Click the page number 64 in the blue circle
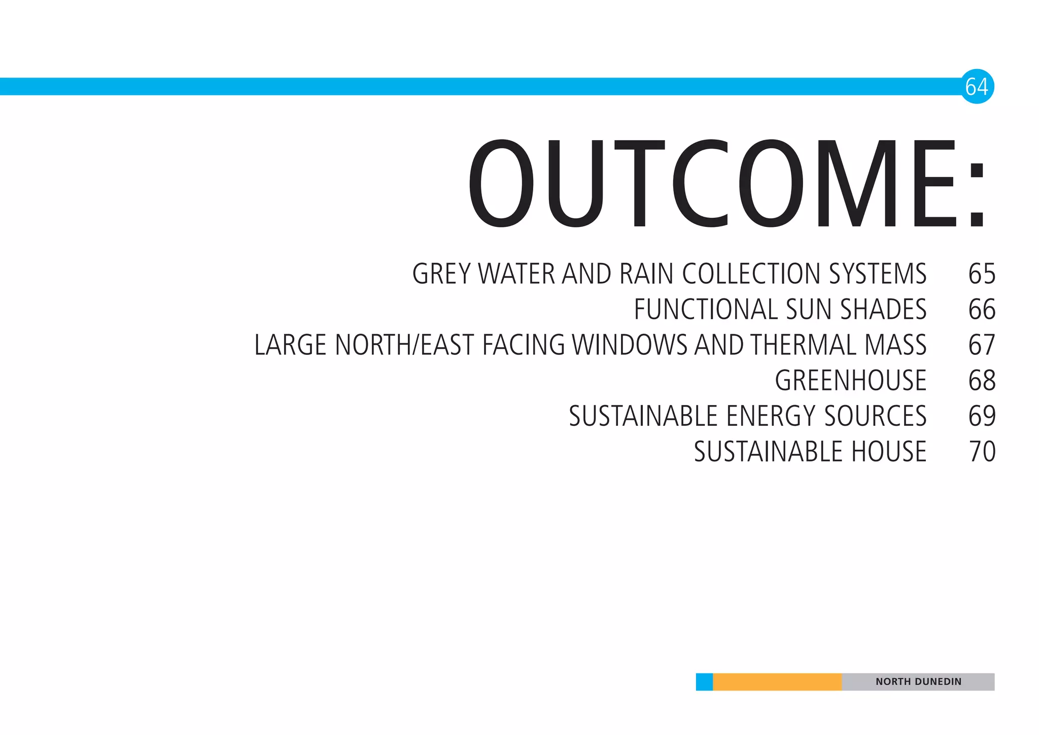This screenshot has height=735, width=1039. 977,87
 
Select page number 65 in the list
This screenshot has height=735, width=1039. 982,274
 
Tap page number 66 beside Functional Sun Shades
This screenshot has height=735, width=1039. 982,310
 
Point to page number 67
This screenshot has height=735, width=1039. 982,345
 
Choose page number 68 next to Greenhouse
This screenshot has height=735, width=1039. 982,381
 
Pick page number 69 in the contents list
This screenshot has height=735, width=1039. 982,416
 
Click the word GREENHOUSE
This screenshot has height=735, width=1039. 850,381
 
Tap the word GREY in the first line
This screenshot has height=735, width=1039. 441,274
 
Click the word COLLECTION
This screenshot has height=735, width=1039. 751,274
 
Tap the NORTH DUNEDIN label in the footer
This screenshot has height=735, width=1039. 918,682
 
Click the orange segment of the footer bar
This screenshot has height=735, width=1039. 777,682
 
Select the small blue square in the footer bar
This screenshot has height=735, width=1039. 704,682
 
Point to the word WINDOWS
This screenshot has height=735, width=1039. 629,345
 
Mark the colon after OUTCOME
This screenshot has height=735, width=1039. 976,195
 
